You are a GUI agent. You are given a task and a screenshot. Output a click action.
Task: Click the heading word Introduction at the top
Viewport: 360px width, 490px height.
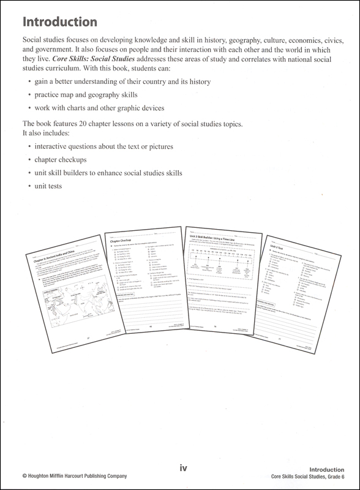pos(59,23)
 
